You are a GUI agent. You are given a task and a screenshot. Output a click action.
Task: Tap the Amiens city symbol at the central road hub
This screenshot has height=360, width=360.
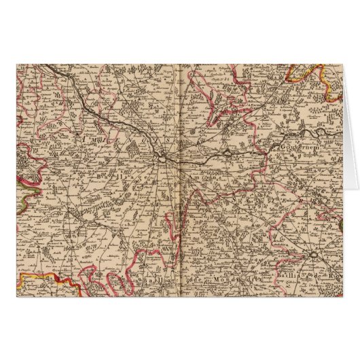click(164, 158)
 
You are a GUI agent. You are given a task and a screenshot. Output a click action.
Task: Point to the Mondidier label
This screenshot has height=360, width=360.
click(234, 277)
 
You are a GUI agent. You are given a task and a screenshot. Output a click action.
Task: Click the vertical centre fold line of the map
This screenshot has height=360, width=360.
click(177, 204)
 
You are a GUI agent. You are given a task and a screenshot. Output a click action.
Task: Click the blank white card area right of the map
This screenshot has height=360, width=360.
click(350, 177)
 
